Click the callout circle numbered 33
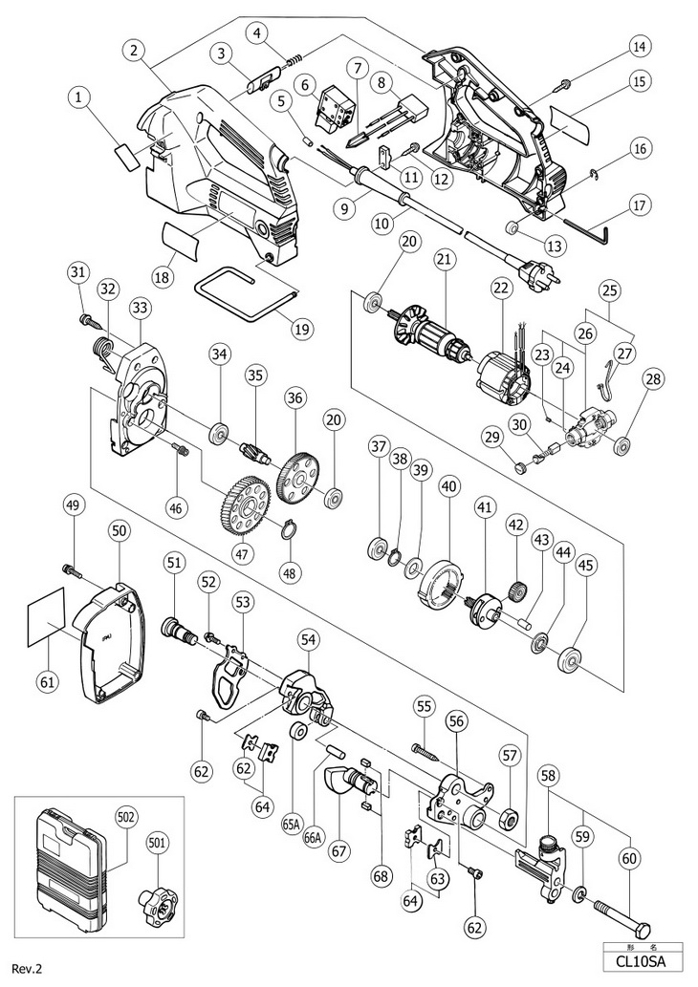coord(141,308)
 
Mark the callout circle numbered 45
coord(585,567)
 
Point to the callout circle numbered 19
coord(302,329)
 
